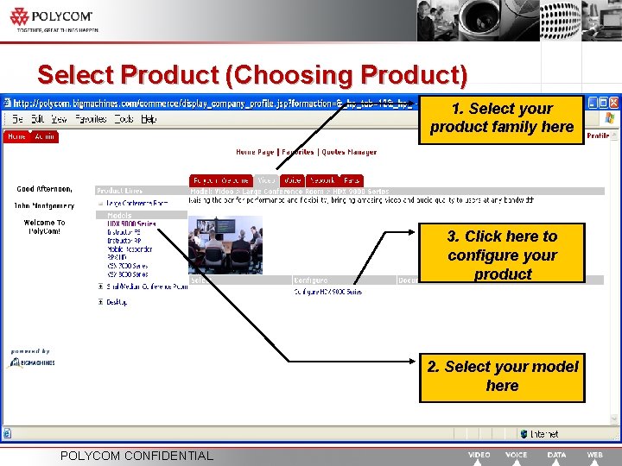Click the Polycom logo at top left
point(52,17)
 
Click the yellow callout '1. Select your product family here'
point(502,118)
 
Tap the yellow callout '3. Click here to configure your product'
point(502,255)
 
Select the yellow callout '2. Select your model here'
point(502,376)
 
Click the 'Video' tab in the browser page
point(267,180)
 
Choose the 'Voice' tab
point(293,180)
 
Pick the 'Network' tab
point(321,180)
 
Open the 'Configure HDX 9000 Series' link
point(327,292)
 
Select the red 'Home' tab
point(16,136)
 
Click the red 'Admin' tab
point(44,136)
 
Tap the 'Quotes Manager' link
point(349,152)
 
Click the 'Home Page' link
point(255,152)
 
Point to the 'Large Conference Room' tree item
point(137,203)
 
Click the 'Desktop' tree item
point(117,302)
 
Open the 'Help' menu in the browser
point(149,119)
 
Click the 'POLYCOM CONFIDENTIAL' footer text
point(136,456)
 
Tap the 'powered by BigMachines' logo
point(33,360)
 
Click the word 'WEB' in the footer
point(595,455)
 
